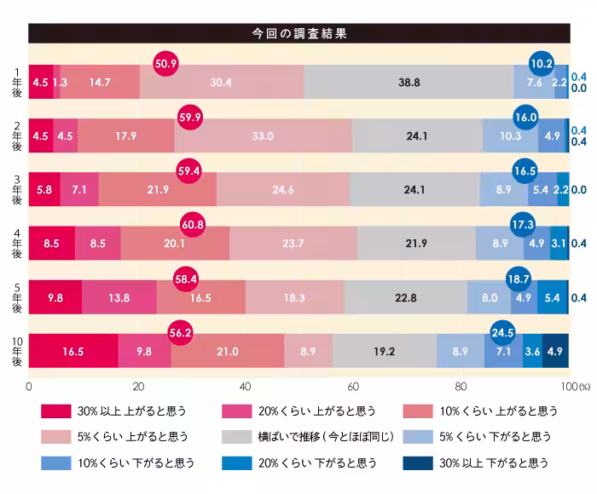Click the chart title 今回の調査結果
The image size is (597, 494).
298,34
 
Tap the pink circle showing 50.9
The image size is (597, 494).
165,63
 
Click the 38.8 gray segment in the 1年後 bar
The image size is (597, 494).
409,83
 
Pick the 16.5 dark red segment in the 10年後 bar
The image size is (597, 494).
73,351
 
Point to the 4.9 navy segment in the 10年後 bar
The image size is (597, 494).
555,351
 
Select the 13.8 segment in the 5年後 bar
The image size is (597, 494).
119,297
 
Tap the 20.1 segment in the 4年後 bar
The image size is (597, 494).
175,244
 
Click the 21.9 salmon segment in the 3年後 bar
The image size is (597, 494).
157,190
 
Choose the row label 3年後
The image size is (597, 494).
16,189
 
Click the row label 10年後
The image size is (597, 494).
16,350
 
